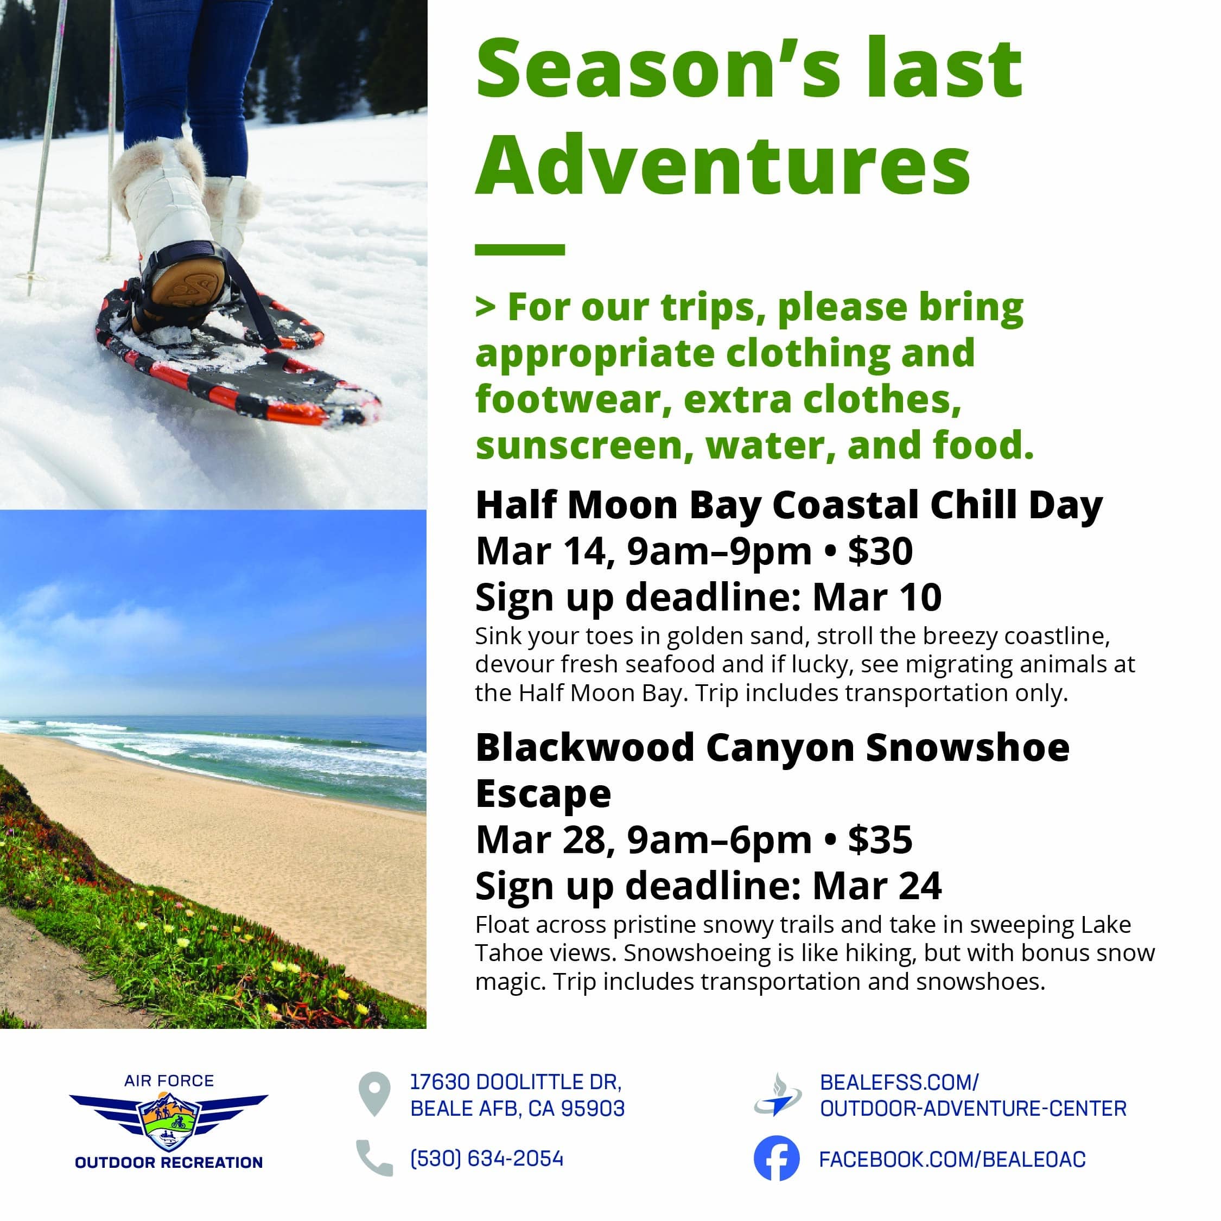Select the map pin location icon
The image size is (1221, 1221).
[x=374, y=1094]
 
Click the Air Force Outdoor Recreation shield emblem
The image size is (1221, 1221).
[x=169, y=1121]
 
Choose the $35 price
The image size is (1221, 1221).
[x=880, y=840]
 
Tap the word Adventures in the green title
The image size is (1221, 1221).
[x=723, y=163]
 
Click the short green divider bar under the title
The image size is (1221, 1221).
[x=519, y=250]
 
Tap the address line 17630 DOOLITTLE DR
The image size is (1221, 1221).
[x=516, y=1082]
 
